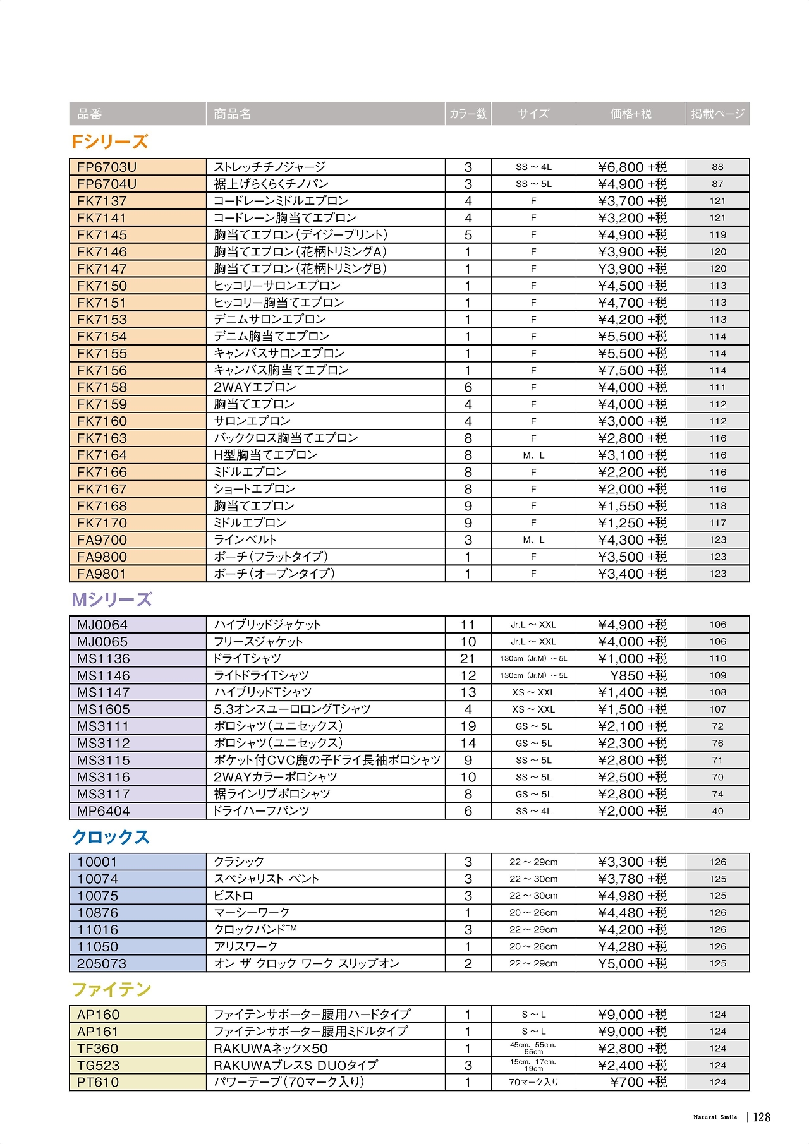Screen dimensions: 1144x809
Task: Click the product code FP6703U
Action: click(107, 167)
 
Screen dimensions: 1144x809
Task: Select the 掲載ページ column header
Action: click(717, 114)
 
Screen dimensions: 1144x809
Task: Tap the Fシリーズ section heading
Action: click(110, 142)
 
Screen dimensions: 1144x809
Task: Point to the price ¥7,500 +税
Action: click(632, 371)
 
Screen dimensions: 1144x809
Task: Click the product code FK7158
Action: click(102, 388)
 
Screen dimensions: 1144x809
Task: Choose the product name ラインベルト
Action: click(245, 540)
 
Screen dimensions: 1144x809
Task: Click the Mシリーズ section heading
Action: click(112, 599)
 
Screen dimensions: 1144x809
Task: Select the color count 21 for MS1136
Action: click(468, 659)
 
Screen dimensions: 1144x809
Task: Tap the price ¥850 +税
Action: click(638, 676)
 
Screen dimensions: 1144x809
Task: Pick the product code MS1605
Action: click(104, 710)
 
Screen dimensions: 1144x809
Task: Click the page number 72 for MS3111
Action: click(717, 726)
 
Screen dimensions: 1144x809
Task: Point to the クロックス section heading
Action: click(111, 837)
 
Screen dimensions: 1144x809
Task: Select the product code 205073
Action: click(102, 964)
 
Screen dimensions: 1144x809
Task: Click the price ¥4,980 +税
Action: click(632, 896)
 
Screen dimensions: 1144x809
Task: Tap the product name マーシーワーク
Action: click(252, 913)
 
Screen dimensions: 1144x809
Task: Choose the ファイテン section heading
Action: click(111, 989)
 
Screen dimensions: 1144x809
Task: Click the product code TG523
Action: click(98, 1066)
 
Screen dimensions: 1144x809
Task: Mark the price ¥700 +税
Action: click(638, 1083)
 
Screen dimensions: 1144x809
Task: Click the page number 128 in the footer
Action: click(762, 1117)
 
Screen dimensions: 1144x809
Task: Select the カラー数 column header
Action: click(468, 114)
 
